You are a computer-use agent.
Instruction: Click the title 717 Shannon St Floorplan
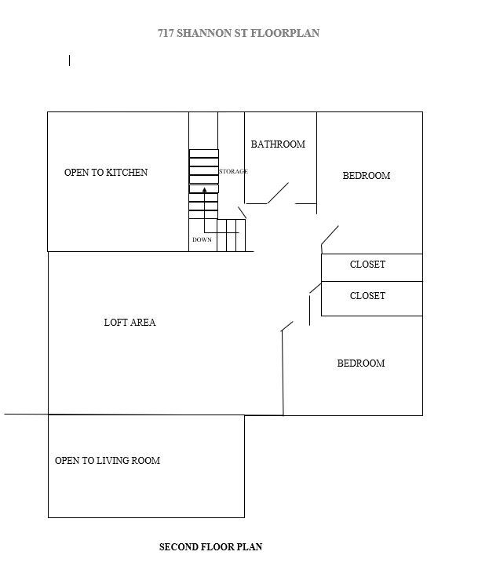point(238,34)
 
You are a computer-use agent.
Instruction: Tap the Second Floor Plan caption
point(210,547)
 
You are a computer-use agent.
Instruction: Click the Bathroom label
point(278,144)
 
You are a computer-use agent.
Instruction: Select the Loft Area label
point(130,322)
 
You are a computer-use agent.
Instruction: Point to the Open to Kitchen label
point(106,173)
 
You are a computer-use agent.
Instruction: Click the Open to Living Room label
point(108,461)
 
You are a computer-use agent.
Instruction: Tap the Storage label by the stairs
point(233,171)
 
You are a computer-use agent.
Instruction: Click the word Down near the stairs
point(202,239)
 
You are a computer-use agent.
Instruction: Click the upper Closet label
point(367,265)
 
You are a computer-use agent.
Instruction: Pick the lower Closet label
point(367,296)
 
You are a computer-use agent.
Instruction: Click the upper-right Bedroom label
point(367,176)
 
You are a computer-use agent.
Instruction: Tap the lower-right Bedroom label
point(361,363)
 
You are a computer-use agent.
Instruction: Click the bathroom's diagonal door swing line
point(279,193)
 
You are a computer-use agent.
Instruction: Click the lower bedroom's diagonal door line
point(287,326)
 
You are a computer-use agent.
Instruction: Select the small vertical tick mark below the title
point(70,60)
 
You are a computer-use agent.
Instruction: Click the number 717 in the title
point(166,34)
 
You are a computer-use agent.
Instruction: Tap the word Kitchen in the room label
point(127,173)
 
